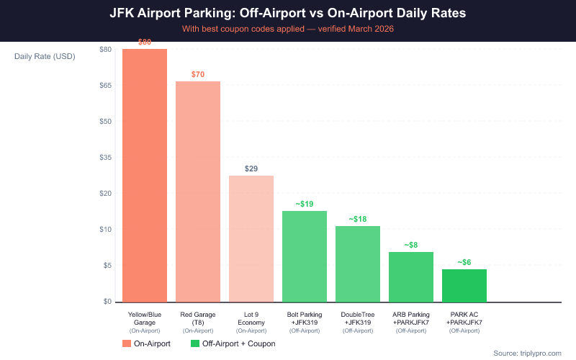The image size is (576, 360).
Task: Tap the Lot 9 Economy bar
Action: click(251, 238)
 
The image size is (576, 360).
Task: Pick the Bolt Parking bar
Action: click(305, 256)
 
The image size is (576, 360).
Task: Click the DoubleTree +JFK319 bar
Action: click(358, 264)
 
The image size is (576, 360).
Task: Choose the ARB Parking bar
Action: click(411, 276)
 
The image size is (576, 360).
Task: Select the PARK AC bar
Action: click(464, 285)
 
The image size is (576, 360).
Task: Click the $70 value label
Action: click(198, 74)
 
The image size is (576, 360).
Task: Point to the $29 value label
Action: click(251, 168)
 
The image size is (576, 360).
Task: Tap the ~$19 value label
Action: click(305, 204)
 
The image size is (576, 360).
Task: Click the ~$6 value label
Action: click(464, 262)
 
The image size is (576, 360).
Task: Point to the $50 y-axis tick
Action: click(105, 121)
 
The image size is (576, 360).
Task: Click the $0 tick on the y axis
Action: click(107, 301)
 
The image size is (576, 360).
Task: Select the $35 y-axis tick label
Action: click(105, 157)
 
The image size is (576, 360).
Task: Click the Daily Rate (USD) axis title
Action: click(45, 56)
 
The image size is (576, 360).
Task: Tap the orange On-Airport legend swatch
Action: click(127, 344)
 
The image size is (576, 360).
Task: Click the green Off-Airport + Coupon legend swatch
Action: click(195, 344)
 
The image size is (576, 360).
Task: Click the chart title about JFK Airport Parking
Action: click(288, 13)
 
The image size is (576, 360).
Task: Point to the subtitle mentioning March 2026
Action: click(288, 29)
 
